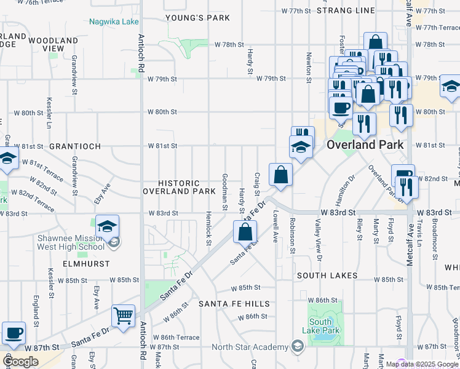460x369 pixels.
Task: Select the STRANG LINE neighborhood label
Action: click(346, 10)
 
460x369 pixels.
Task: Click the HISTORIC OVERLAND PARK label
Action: click(179, 187)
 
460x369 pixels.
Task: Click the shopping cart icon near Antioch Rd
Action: click(124, 316)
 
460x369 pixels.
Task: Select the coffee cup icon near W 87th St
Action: click(14, 333)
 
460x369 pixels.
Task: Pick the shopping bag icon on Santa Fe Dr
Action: click(245, 232)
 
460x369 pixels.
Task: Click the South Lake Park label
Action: click(324, 326)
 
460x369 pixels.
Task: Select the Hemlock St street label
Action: click(209, 233)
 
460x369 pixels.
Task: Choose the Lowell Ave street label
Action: click(276, 226)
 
